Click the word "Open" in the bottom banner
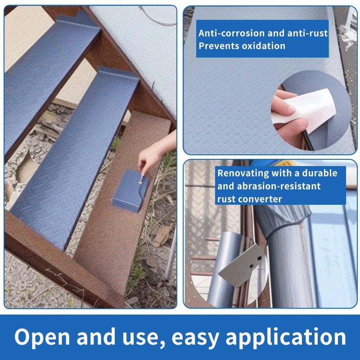pos(42,337)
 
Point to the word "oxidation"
pos(264,46)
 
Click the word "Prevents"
pos(219,46)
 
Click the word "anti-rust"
pos(307,33)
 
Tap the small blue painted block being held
pos(130,191)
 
